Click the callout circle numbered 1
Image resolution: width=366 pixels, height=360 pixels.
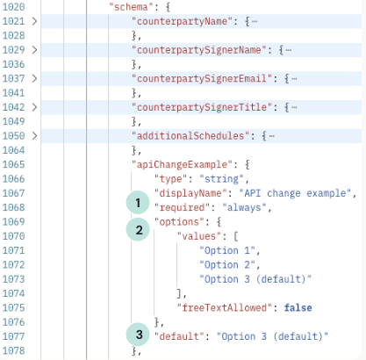click(x=138, y=203)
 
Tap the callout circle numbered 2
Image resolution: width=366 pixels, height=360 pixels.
click(x=138, y=230)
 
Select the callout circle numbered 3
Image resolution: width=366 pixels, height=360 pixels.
click(x=138, y=335)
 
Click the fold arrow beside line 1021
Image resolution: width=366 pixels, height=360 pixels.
click(x=34, y=21)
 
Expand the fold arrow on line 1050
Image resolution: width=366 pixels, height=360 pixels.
click(x=34, y=136)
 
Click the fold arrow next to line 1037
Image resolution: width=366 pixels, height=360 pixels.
click(x=34, y=78)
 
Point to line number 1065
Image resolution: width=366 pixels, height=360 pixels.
click(x=14, y=164)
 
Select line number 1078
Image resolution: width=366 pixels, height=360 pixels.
click(x=14, y=350)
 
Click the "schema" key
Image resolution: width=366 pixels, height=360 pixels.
click(x=131, y=7)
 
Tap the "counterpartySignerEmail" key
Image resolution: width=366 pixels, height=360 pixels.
click(x=202, y=78)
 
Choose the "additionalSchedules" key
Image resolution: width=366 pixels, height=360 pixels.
click(x=190, y=136)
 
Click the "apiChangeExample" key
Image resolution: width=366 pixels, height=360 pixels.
click(x=182, y=164)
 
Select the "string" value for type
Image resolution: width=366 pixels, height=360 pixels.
click(x=221, y=179)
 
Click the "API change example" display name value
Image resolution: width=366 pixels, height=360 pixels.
click(x=295, y=193)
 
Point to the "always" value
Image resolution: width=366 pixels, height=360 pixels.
click(x=244, y=207)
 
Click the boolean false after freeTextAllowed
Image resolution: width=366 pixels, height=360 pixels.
click(x=298, y=308)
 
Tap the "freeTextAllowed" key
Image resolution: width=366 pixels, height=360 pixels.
click(x=225, y=308)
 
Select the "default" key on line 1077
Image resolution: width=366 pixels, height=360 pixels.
click(x=179, y=336)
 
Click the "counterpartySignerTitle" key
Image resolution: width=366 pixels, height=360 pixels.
click(x=202, y=107)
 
